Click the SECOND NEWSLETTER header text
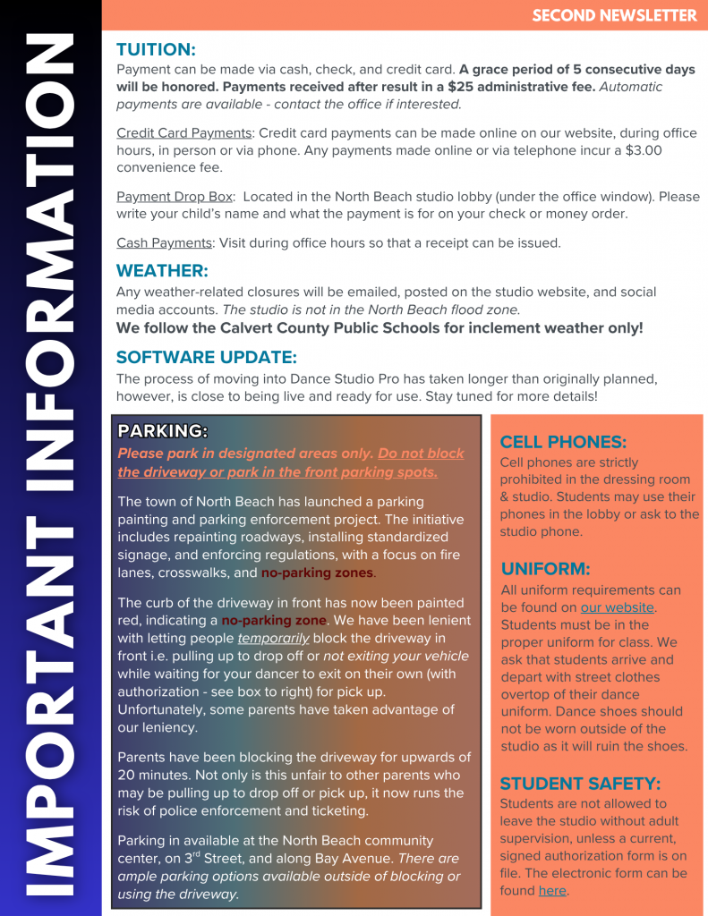614,16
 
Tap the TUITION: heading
156,49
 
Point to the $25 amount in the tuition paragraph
460,87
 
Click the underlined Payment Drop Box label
175,196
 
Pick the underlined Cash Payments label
165,242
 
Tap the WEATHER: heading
162,270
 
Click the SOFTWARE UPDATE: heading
206,357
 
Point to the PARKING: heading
163,431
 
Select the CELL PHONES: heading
563,442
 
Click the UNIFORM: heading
545,569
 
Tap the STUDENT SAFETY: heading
580,784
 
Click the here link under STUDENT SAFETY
552,891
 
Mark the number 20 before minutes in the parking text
127,776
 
